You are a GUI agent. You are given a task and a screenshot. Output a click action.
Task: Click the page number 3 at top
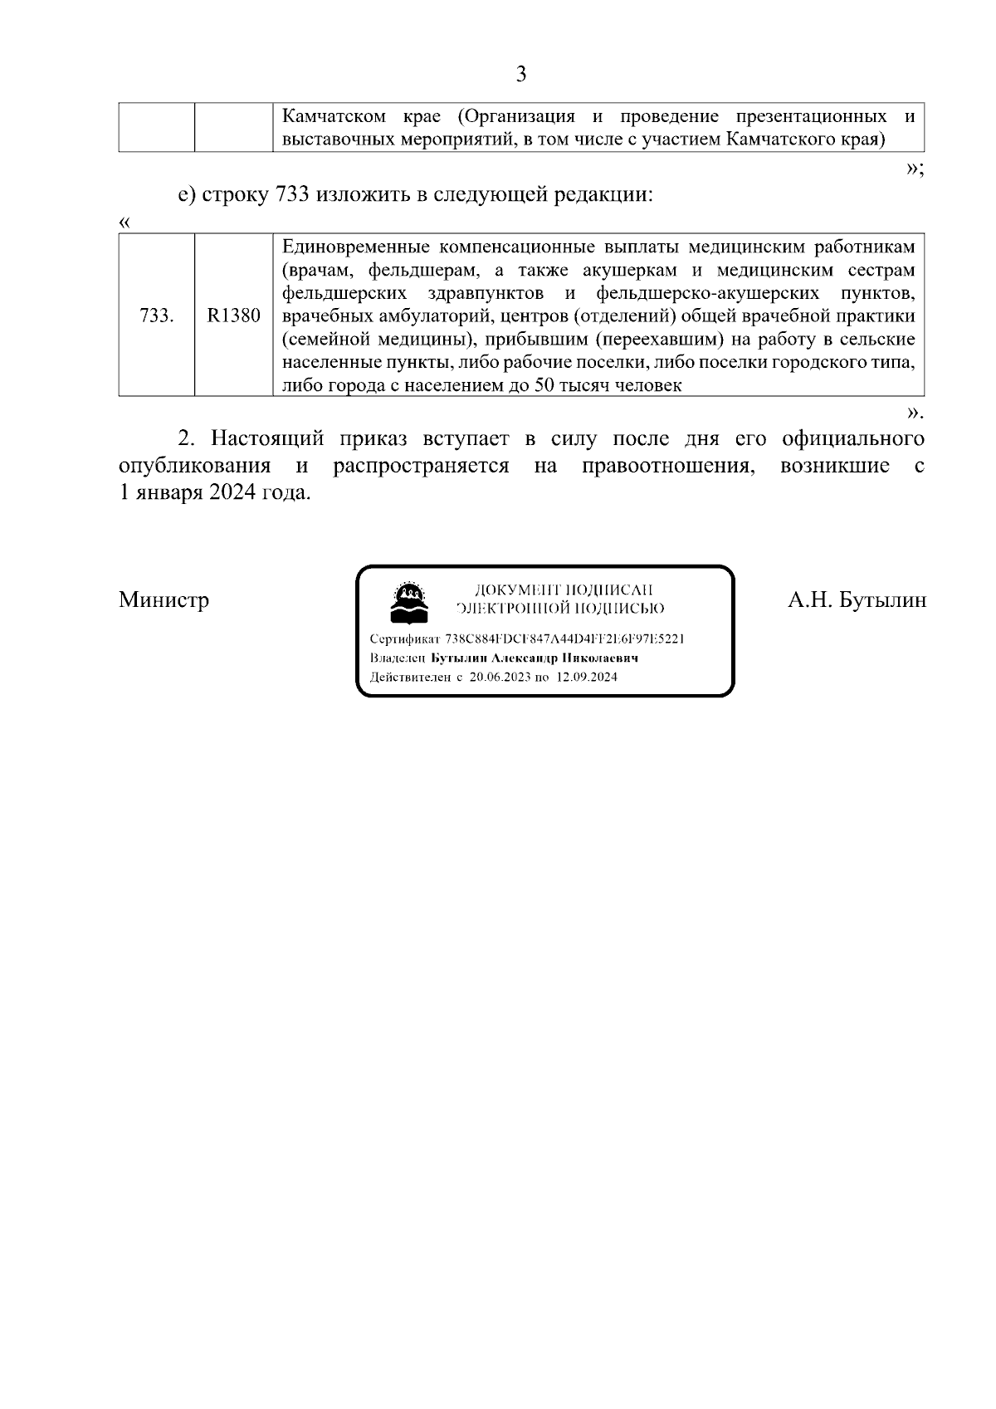point(520,75)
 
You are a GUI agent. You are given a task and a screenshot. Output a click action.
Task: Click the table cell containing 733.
point(157,316)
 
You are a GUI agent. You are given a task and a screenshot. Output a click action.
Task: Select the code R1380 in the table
point(233,316)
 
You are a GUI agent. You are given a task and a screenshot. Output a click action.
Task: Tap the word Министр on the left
point(164,599)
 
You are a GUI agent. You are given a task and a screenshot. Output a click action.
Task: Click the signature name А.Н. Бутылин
point(857,599)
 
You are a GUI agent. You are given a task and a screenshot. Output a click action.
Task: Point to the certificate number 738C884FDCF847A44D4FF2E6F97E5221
point(564,638)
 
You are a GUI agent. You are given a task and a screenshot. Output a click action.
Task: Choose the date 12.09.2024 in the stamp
point(587,677)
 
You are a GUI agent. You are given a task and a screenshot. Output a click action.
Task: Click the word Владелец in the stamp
point(398,658)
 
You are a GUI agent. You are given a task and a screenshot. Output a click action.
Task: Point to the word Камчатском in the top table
point(334,115)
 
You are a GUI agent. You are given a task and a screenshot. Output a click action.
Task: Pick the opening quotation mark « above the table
point(124,223)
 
